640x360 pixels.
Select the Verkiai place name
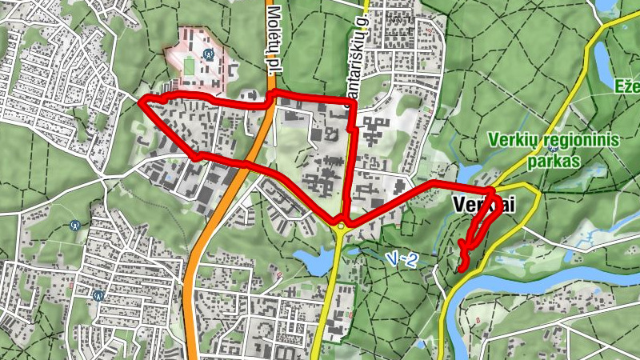click(483, 205)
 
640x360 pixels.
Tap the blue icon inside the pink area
click(208, 55)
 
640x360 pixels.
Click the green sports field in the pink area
click(189, 64)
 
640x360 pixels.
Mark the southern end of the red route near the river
click(459, 270)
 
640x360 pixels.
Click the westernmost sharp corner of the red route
click(140, 102)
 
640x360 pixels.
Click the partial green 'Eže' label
click(626, 86)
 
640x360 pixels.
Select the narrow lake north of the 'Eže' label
click(602, 56)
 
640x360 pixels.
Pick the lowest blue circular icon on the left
click(98, 294)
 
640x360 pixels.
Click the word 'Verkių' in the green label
click(511, 140)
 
